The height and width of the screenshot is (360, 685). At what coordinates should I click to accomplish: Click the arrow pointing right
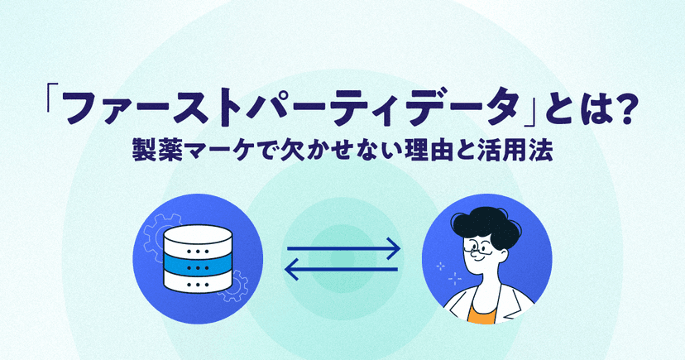[x=343, y=249]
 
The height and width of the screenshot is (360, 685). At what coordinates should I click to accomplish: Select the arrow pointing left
[x=341, y=269]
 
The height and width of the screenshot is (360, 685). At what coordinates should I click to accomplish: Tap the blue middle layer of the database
[x=198, y=265]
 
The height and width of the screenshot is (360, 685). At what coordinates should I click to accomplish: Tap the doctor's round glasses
[x=476, y=248]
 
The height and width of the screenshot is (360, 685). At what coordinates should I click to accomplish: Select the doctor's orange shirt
[x=482, y=313]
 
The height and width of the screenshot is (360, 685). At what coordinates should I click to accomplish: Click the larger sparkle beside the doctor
[x=455, y=278]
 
